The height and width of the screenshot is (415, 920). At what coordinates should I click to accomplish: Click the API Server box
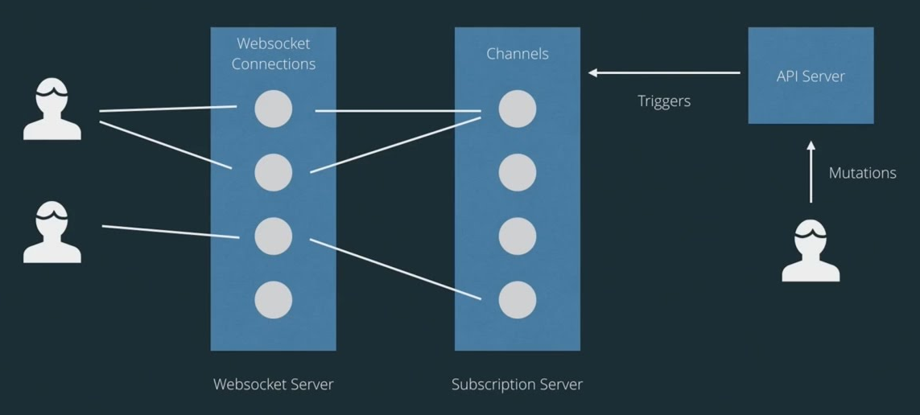[811, 76]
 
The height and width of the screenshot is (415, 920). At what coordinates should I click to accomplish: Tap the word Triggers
[664, 101]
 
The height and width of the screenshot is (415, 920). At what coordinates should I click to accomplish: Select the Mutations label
[862, 173]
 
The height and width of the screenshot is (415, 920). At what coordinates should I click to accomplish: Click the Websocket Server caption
[273, 384]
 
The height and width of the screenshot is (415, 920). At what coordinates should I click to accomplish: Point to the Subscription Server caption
[517, 384]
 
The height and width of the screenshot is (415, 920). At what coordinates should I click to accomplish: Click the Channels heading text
[518, 54]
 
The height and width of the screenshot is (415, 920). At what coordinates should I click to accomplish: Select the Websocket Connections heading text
[274, 53]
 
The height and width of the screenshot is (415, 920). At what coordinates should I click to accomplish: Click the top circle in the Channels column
[517, 109]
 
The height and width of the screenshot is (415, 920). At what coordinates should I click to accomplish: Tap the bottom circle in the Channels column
[517, 300]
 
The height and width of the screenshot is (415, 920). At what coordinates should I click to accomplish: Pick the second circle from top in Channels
[517, 172]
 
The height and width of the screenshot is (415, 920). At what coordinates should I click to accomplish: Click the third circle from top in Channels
[517, 236]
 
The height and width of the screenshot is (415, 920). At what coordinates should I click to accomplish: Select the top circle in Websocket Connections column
[274, 109]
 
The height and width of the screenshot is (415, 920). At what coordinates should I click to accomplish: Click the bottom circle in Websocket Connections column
[274, 300]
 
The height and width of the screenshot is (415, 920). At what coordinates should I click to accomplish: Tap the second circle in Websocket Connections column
[274, 172]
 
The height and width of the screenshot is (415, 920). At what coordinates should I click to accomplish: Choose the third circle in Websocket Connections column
[274, 236]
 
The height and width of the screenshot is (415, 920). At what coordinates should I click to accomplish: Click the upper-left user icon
[52, 110]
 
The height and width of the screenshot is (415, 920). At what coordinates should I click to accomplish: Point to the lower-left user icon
[52, 232]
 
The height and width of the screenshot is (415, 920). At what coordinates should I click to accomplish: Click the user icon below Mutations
[811, 251]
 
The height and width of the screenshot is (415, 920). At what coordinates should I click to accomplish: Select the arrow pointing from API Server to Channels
[664, 73]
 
